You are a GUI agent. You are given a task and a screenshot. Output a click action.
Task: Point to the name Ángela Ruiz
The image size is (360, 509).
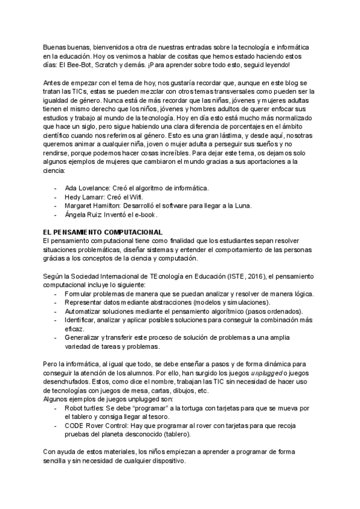[84, 214]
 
